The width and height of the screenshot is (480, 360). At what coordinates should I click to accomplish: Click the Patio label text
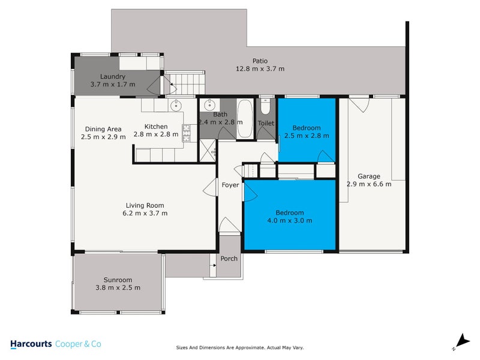259,61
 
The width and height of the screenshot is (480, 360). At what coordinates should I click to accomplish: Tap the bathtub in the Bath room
244,119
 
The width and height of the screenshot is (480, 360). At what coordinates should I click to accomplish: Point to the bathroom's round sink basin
209,104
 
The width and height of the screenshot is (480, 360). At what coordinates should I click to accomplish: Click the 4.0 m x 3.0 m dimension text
289,220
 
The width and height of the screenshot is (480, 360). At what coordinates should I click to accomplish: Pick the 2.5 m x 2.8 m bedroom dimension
306,136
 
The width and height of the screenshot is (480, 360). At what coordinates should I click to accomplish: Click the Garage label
368,176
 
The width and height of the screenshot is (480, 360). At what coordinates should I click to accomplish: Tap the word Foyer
230,185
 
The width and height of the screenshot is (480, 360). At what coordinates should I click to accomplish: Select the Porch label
229,259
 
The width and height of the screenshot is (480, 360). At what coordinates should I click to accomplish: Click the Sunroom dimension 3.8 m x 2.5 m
117,287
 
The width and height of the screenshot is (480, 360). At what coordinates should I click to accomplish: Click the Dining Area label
103,129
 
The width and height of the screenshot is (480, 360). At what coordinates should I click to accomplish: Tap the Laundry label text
113,77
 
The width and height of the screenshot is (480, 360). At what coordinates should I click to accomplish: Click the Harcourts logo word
31,344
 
